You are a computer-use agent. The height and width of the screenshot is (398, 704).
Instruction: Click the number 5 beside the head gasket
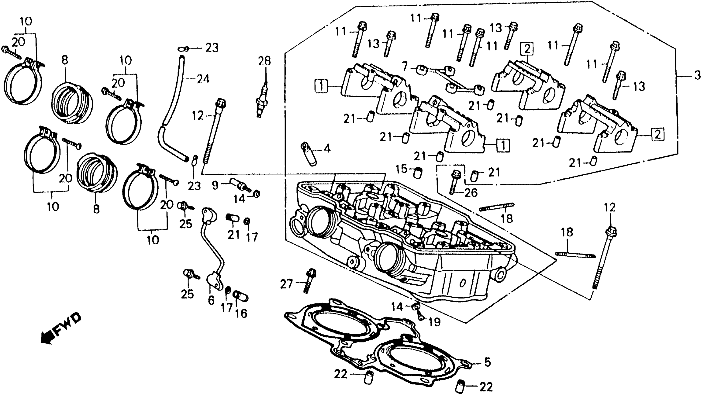(x=487, y=362)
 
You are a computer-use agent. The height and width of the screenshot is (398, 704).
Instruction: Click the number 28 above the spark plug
(x=264, y=61)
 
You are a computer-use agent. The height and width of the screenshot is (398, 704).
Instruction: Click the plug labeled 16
(x=240, y=296)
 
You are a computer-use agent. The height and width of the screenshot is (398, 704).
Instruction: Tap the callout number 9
(x=215, y=185)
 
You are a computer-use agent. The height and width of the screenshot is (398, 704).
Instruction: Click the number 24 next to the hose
(x=203, y=79)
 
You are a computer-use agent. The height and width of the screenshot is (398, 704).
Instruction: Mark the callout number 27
(x=286, y=284)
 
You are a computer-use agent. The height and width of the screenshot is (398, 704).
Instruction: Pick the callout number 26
(x=471, y=193)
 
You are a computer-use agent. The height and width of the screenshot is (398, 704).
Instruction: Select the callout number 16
(x=241, y=313)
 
